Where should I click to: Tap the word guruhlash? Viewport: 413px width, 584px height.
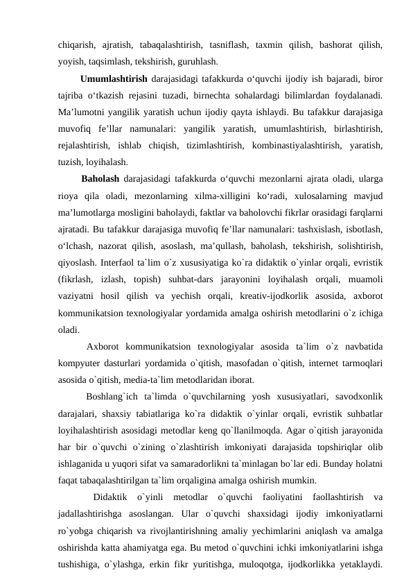pyautogui.click(x=200, y=60)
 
